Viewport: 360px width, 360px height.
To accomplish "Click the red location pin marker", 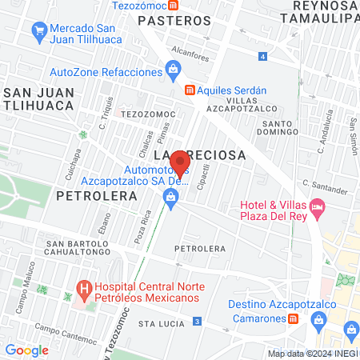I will pyautogui.click(x=180, y=163).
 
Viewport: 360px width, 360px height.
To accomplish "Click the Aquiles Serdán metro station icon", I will pyautogui.click(x=190, y=90).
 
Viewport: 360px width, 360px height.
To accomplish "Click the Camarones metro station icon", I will pyautogui.click(x=293, y=318).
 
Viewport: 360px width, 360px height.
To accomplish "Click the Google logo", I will pyautogui.click(x=27, y=350).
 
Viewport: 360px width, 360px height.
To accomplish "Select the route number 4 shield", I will pyautogui.click(x=263, y=56).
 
